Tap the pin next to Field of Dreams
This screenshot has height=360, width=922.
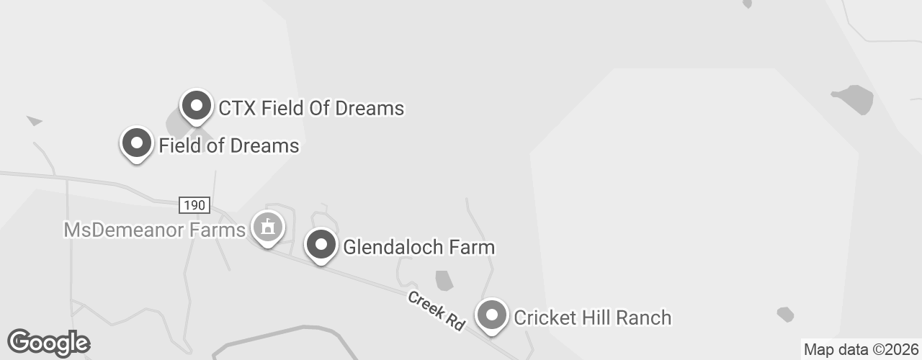136,144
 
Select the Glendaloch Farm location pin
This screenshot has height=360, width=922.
321,246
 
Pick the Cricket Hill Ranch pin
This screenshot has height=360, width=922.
492,316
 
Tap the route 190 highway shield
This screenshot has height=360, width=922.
194,205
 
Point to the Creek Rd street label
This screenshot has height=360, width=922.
436,310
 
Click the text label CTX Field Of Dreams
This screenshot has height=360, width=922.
311,109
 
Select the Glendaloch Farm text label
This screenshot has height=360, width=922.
419,248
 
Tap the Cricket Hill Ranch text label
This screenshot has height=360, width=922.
592,318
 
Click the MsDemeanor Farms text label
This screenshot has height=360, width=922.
155,230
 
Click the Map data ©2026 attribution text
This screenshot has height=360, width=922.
861,350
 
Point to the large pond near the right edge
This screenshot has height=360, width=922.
854,99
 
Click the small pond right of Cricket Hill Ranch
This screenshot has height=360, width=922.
786,314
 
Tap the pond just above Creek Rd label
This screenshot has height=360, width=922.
444,280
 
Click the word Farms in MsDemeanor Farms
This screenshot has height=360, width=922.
221,230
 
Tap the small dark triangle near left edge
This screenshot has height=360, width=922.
35,121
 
